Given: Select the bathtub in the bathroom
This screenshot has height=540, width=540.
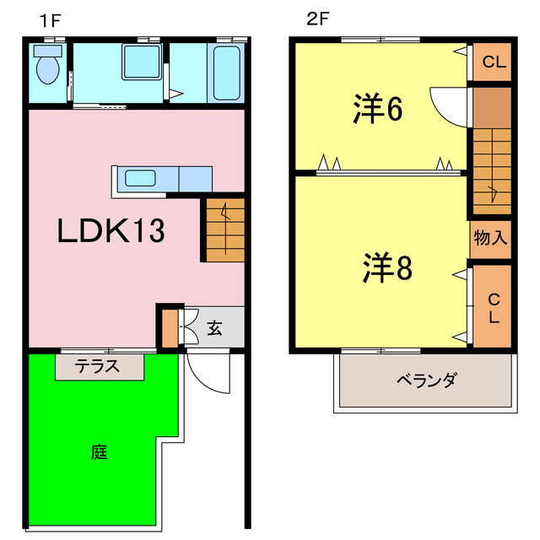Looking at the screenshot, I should (228, 74).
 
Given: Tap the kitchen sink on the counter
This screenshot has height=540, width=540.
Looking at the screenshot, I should (140, 179).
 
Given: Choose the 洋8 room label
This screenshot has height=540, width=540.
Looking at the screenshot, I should (387, 268).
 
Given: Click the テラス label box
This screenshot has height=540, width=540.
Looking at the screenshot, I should (99, 366).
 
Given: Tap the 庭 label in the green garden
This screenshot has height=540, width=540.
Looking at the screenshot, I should (99, 451).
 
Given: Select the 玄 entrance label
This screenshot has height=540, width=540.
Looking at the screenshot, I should (215, 327).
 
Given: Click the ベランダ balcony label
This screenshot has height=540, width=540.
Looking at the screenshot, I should (426, 380).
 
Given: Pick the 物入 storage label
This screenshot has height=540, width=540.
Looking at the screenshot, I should (490, 239).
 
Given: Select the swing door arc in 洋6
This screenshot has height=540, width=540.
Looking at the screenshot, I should (447, 103).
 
